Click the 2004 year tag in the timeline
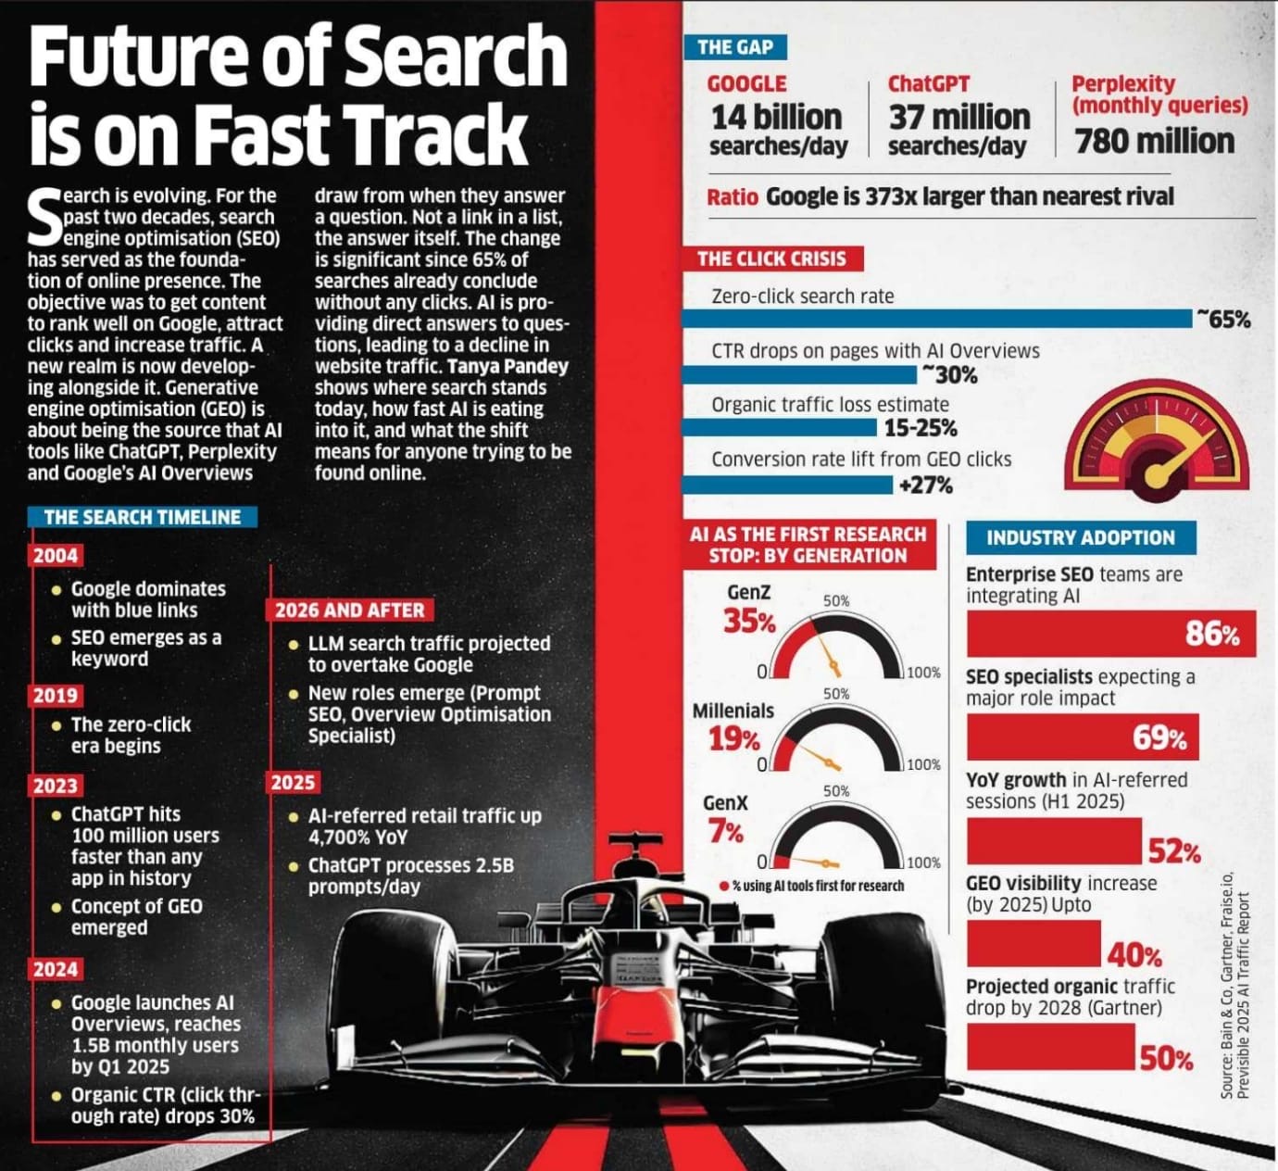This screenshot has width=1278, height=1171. click(56, 556)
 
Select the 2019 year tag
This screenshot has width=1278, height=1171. click(56, 696)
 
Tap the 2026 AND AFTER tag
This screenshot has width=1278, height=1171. click(349, 611)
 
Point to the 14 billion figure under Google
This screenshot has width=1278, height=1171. click(776, 118)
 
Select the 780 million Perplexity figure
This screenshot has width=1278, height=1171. click(1154, 142)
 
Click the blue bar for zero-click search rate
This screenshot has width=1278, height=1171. click(935, 319)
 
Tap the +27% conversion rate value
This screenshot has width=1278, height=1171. click(924, 485)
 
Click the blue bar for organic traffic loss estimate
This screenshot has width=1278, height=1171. click(778, 428)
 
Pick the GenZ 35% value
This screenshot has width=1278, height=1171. click(748, 622)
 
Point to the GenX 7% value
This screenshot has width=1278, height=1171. click(726, 832)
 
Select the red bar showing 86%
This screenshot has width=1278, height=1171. click(1110, 634)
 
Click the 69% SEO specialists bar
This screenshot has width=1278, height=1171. click(1082, 737)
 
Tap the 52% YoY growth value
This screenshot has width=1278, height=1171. click(1174, 850)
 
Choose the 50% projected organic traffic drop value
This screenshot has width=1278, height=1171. click(1165, 1058)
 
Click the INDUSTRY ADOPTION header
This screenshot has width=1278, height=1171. click(1080, 538)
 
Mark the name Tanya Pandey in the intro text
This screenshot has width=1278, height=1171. click(507, 366)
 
